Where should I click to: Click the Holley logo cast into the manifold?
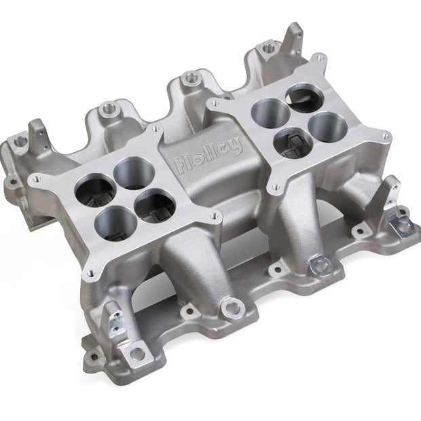(x=208, y=154)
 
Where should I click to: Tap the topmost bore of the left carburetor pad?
(x=134, y=173)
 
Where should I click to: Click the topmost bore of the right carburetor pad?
(x=304, y=98)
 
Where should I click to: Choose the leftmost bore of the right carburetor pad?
(x=271, y=112)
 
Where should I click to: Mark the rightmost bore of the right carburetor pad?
(x=328, y=127)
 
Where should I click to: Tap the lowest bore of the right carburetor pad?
(x=293, y=143)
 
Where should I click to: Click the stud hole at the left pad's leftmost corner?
(x=37, y=178)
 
